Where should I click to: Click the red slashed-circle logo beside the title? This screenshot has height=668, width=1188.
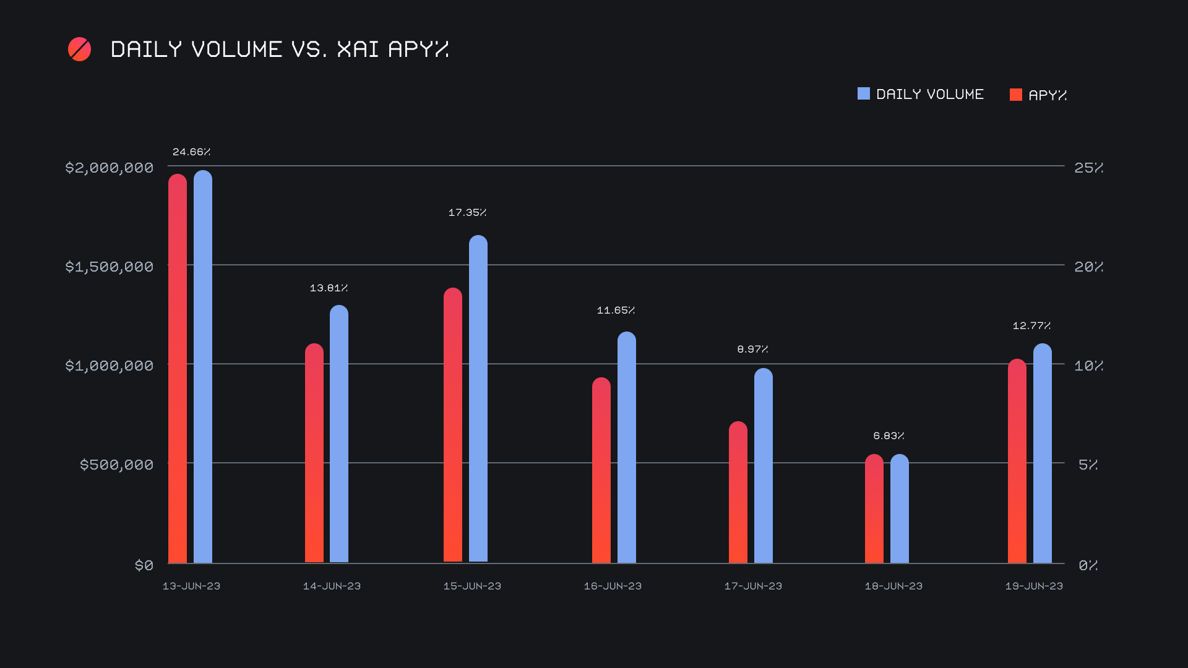click(79, 49)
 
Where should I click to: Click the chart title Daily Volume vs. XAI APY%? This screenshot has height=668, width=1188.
click(279, 49)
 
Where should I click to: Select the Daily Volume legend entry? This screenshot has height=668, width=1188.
click(921, 94)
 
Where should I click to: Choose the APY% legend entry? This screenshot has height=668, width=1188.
click(1038, 95)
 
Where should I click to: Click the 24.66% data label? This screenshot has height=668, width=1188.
click(191, 152)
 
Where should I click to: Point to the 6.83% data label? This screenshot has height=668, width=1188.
click(889, 435)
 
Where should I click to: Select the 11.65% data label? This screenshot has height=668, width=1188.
click(616, 310)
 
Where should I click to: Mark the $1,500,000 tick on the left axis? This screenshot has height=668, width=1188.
click(110, 267)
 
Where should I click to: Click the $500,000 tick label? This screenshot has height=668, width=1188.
click(116, 465)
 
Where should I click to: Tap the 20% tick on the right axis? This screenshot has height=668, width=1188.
click(1088, 267)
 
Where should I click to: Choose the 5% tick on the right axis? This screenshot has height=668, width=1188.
click(1088, 465)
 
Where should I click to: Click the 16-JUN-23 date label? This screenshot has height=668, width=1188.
click(613, 586)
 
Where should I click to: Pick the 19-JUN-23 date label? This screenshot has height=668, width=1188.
click(1034, 586)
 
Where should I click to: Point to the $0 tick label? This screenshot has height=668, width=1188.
click(144, 565)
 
